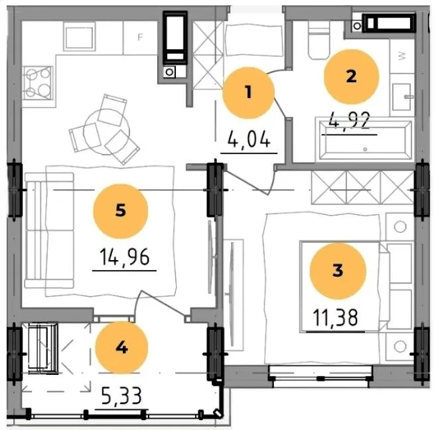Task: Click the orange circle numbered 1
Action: [x=248, y=92]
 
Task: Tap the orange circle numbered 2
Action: [x=351, y=76]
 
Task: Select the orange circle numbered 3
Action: [x=338, y=271]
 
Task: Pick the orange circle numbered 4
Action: [x=121, y=348]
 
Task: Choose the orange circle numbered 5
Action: [x=121, y=211]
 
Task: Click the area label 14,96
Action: [x=125, y=257]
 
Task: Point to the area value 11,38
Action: [x=336, y=318]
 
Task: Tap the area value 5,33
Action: [x=121, y=395]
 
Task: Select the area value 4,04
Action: [x=249, y=139]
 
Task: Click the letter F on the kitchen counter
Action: [x=141, y=37]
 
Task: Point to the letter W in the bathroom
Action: [x=402, y=56]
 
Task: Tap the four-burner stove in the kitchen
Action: [x=38, y=83]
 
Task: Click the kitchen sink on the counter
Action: [x=79, y=36]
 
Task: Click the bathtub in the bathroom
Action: [x=365, y=141]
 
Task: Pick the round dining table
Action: [x=107, y=132]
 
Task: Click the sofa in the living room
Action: [x=49, y=230]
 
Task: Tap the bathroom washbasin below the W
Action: [x=401, y=97]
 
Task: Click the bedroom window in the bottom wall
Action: [x=321, y=376]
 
